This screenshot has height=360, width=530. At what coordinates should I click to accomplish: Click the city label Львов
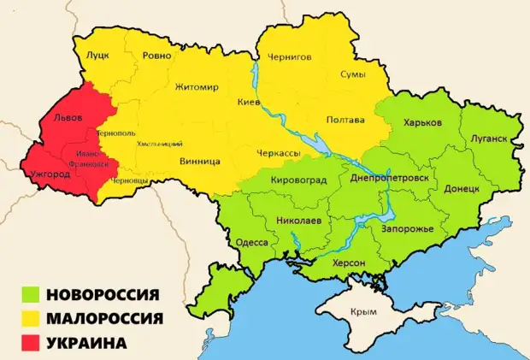68,119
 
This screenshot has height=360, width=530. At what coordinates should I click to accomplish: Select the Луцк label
97,55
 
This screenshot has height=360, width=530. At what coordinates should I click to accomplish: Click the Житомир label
197,87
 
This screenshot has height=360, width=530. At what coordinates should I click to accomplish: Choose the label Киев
248,102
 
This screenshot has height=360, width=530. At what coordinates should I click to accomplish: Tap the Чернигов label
291,57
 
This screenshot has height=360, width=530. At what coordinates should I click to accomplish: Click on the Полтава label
345,120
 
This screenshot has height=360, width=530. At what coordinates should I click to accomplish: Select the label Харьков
422,123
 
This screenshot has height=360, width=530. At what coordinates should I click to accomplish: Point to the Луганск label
489,139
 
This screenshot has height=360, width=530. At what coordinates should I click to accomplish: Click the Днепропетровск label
389,177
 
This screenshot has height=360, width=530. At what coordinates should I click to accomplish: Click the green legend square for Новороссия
32,296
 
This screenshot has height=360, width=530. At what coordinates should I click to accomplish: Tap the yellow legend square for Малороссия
32,319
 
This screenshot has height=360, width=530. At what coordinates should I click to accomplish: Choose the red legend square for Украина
32,343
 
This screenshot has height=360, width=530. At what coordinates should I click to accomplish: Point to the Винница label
201,161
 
